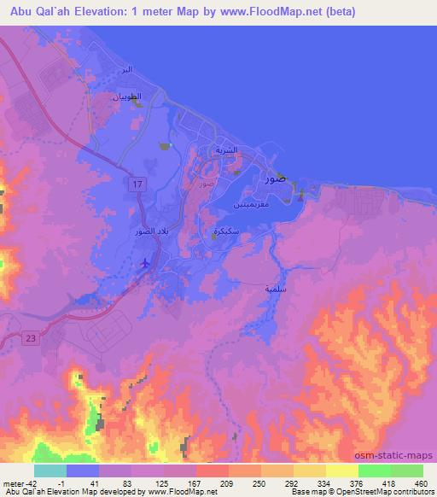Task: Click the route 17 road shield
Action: (x=137, y=184)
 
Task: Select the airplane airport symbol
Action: (x=146, y=263)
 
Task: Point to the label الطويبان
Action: (x=125, y=98)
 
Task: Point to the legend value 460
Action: (x=421, y=482)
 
